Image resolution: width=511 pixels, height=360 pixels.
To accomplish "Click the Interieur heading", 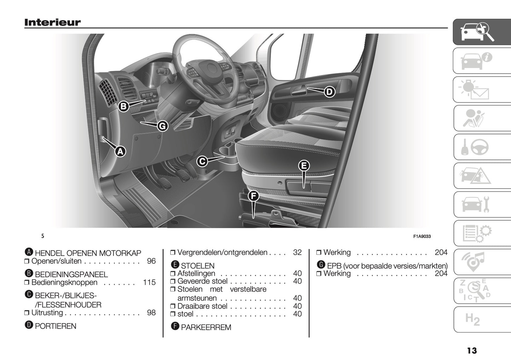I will pos(52,22).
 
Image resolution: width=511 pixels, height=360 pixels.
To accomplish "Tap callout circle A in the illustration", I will pos(120,151).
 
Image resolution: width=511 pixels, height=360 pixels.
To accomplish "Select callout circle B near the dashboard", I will pos(123,106).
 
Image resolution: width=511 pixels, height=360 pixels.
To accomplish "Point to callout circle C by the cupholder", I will pos(202,162).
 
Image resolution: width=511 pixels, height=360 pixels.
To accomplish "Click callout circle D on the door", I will pos(329,92).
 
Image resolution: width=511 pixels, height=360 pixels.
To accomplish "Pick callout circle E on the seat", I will pos(303,166).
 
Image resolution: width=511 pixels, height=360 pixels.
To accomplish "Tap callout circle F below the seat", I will pos(253,196).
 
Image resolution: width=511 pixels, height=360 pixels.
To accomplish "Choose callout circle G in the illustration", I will pos(162,126).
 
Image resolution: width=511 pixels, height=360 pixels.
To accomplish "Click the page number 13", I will pos(472,350).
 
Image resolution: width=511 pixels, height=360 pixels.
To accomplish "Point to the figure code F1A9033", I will pos(422,237).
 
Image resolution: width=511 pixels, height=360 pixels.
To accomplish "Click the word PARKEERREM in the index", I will pos(206,327).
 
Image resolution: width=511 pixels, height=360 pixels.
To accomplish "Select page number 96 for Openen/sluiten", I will pos(151,261).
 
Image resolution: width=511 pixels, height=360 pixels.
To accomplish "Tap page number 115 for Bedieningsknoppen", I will pos(150,283).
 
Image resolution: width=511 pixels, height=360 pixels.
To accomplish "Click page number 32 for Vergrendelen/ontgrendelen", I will pos(297,252).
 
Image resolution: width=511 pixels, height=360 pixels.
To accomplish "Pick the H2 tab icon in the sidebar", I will pos(472,319).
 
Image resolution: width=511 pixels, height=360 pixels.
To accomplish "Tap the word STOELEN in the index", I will pos(198,266).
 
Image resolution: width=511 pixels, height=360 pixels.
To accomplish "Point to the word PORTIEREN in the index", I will pos(56,326).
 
